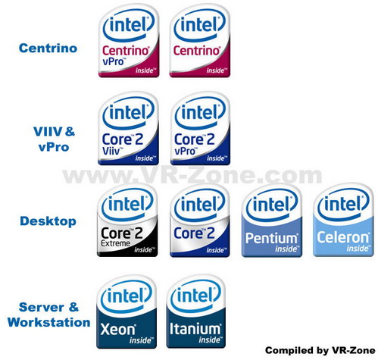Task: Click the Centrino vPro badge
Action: (129, 41)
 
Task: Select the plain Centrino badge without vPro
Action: (200, 41)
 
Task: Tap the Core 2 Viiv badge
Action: (129, 128)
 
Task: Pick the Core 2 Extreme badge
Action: (127, 221)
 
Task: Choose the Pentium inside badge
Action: (272, 221)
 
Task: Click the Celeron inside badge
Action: (343, 220)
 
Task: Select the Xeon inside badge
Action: (127, 311)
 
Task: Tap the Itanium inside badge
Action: (196, 311)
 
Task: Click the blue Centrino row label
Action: (48, 48)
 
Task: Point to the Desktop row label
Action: (48, 221)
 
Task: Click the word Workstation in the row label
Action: (48, 322)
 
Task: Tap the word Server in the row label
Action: (42, 307)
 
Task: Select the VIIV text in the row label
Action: (48, 131)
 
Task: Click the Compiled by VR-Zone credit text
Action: (320, 350)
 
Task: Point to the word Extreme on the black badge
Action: (115, 243)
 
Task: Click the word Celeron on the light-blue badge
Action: (343, 237)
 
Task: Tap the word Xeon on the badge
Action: (117, 330)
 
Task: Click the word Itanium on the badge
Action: (195, 329)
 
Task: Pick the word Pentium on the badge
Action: (271, 238)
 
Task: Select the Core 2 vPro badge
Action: (200, 128)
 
